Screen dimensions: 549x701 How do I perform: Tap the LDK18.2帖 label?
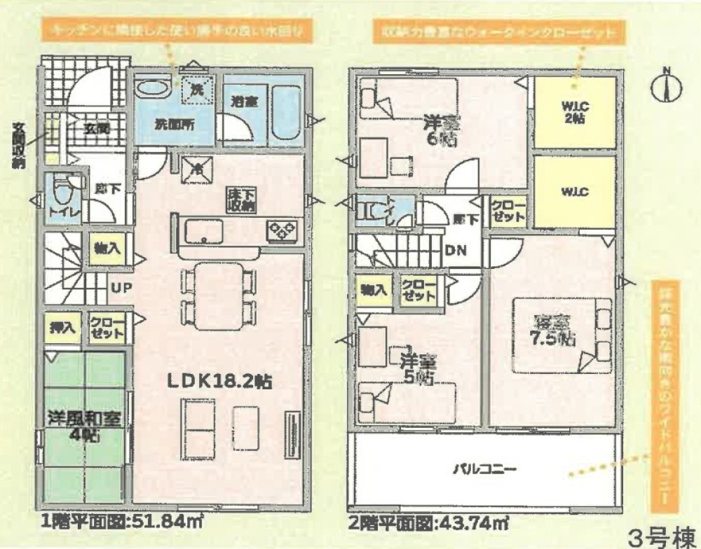pyautogui.click(x=219, y=382)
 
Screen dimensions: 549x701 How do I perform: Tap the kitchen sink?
pyautogui.click(x=200, y=232)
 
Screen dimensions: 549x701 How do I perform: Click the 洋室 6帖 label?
pyautogui.click(x=442, y=130)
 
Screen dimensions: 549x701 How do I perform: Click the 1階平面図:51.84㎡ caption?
pyautogui.click(x=119, y=522)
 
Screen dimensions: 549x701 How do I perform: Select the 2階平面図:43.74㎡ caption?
pyautogui.click(x=429, y=522)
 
